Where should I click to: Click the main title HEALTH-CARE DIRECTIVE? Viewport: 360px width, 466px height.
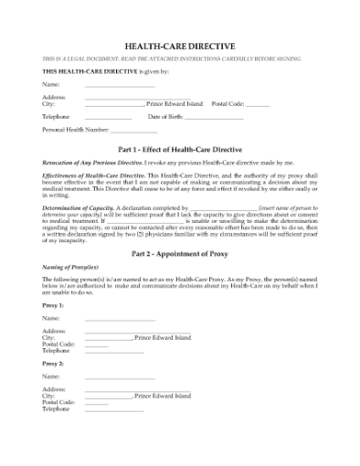[x=179, y=46]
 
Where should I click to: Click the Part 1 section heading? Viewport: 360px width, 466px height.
[x=179, y=147]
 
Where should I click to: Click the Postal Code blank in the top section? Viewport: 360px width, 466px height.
[x=257, y=105]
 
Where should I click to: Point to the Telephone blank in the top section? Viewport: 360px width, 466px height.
[x=108, y=118]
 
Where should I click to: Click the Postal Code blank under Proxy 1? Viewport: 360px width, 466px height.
[x=96, y=344]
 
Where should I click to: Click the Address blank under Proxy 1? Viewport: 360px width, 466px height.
[x=137, y=331]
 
